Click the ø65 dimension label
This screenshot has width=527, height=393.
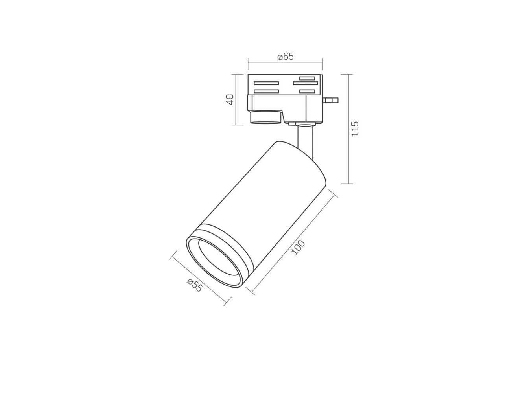(285, 57)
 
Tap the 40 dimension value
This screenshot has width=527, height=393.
(230, 99)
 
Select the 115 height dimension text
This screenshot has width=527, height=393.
(355, 129)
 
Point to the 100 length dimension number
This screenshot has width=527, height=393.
(298, 247)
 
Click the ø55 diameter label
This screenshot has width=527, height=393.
(194, 285)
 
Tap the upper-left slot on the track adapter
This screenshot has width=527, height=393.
(266, 83)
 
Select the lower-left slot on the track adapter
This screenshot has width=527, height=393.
(266, 92)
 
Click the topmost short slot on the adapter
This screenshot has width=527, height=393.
(307, 78)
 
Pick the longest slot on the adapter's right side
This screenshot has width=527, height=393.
(306, 83)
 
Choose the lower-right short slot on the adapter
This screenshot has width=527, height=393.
(307, 92)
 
